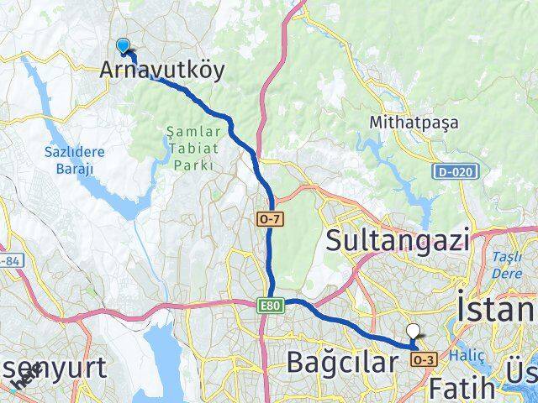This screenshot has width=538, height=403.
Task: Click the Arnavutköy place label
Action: pyautogui.click(x=162, y=71)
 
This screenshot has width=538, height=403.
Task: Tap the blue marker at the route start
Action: pyautogui.click(x=124, y=47)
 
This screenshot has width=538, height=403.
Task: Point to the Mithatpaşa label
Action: pyautogui.click(x=414, y=123)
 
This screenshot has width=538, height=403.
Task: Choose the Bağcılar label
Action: pyautogui.click(x=340, y=363)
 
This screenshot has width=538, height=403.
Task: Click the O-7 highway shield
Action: pyautogui.click(x=267, y=217)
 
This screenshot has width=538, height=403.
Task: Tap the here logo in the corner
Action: pyautogui.click(x=23, y=384)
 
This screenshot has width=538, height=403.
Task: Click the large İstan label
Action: pyautogui.click(x=496, y=307)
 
